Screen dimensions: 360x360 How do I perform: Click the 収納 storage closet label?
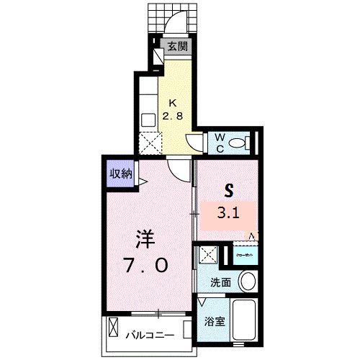pyautogui.click(x=120, y=174)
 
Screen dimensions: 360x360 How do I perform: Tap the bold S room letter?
pyautogui.click(x=230, y=191)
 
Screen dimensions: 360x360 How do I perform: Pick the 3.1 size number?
pyautogui.click(x=230, y=213)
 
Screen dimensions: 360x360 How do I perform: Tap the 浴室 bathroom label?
pyautogui.click(x=216, y=322)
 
